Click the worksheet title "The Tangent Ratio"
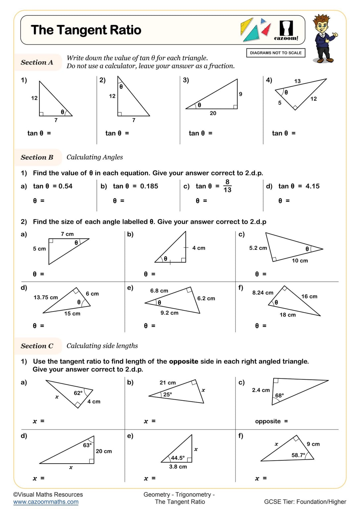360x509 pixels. (x=86, y=30)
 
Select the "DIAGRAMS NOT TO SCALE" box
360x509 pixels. (x=276, y=53)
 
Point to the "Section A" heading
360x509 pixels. (x=37, y=62)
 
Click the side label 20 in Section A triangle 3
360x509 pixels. (x=213, y=113)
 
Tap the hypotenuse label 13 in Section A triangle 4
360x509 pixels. (x=297, y=81)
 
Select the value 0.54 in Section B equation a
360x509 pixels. (x=65, y=186)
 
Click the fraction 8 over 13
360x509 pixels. (x=227, y=186)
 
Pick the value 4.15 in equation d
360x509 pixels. (x=312, y=186)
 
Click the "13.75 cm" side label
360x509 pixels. (x=46, y=298)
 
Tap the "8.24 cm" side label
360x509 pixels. (x=263, y=293)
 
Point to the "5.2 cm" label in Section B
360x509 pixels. (x=258, y=248)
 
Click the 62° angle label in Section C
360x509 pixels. (x=78, y=393)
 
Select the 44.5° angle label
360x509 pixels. (x=178, y=458)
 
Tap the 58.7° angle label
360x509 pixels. (x=298, y=455)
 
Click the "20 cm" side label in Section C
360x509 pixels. (x=104, y=451)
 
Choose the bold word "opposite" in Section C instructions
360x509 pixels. (x=183, y=362)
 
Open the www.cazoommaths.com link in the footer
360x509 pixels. (x=46, y=502)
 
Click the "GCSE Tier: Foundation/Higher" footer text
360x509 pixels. (x=305, y=502)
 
